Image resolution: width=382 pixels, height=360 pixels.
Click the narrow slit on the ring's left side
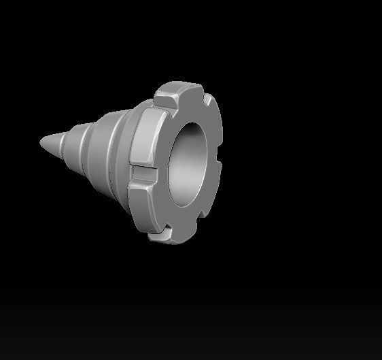pos(143,167)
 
